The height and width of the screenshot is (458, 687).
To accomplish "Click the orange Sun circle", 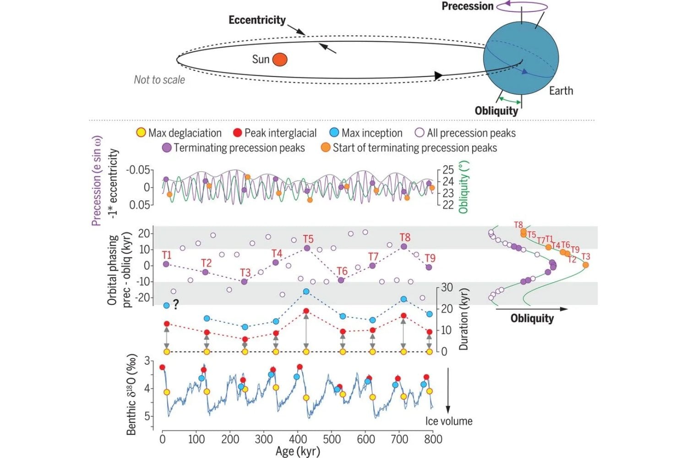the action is (x=280, y=60).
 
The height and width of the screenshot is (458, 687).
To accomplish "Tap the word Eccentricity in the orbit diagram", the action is (x=257, y=20).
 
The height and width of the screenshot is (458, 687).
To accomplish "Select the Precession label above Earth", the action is (x=468, y=6).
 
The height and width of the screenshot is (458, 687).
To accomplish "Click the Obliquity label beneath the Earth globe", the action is (x=496, y=111).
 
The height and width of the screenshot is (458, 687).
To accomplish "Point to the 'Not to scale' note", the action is (x=159, y=80).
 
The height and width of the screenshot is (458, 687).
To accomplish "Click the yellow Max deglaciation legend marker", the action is (x=141, y=132).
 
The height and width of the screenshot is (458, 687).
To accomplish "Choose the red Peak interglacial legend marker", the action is (x=238, y=133).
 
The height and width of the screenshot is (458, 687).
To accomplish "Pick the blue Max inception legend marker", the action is (x=334, y=132).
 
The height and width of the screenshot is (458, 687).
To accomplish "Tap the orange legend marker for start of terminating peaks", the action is (x=325, y=147).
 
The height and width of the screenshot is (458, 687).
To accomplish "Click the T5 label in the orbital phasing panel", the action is (x=308, y=239).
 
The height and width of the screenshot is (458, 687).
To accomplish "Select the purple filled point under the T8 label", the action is (x=404, y=246).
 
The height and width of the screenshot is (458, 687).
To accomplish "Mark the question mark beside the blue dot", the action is (x=175, y=305).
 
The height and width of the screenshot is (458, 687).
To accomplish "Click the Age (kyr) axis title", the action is (x=298, y=451).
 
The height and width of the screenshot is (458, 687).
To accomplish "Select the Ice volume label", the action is (x=449, y=421).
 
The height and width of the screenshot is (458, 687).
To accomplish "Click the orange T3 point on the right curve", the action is (x=585, y=265).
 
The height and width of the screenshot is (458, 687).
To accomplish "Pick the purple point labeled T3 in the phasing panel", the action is (x=244, y=282).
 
